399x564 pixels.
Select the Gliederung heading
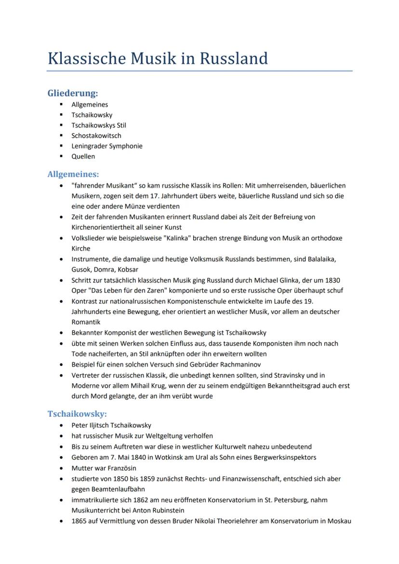(73, 93)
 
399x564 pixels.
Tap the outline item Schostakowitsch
(96, 135)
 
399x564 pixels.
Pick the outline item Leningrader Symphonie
(107, 146)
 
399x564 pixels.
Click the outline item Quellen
(83, 157)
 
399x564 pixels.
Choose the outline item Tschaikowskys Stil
(99, 125)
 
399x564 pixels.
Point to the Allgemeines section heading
(73, 174)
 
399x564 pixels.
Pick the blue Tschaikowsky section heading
(77, 414)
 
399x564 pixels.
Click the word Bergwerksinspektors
(282, 457)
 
